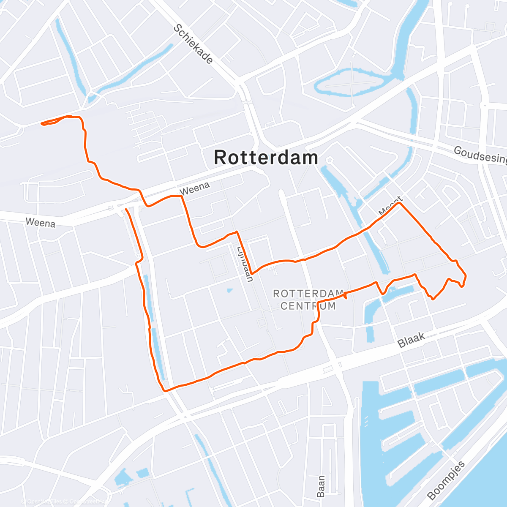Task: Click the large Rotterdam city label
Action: tap(266, 158)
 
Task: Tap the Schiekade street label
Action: tap(193, 44)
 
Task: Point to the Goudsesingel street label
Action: tap(480, 155)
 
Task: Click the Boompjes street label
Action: tap(446, 480)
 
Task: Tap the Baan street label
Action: tap(321, 486)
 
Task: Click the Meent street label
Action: tap(391, 206)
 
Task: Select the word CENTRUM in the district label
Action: tap(308, 306)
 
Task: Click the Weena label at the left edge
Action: tap(40, 222)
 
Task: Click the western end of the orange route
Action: tap(42, 123)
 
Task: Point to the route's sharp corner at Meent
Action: tap(399, 204)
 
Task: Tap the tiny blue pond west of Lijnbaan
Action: tap(229, 290)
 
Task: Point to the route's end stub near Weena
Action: tap(126, 209)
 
